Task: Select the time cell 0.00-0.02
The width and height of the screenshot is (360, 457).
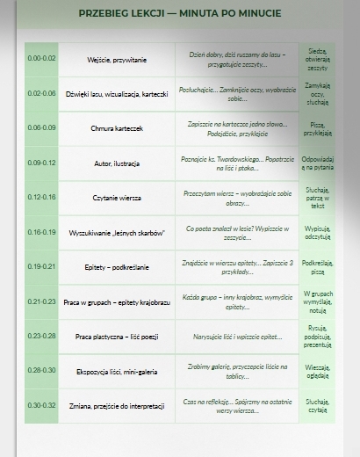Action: pyautogui.click(x=41, y=58)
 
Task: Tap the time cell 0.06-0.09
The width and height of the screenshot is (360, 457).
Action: pyautogui.click(x=41, y=127)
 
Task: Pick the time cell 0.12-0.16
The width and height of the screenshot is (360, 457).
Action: pyautogui.click(x=41, y=197)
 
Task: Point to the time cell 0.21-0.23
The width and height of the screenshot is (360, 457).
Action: pyautogui.click(x=41, y=301)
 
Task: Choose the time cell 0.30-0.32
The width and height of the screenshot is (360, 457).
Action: pyautogui.click(x=41, y=405)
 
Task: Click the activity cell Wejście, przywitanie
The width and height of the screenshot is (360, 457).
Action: pyautogui.click(x=117, y=59)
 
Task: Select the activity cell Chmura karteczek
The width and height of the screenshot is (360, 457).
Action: pyautogui.click(x=117, y=128)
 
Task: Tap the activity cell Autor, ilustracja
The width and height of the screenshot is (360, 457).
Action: pyautogui.click(x=117, y=163)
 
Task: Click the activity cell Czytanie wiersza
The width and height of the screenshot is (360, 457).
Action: pyautogui.click(x=117, y=198)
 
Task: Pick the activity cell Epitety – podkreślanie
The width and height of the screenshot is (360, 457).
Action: pyautogui.click(x=117, y=266)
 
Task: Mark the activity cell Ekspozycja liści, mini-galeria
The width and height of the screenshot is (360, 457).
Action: pyautogui.click(x=117, y=372)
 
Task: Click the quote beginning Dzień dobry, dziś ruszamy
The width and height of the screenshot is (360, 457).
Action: pyautogui.click(x=237, y=58)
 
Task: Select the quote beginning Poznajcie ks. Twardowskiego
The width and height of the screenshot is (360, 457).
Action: pyautogui.click(x=237, y=163)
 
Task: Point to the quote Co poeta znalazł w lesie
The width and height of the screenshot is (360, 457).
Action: pyautogui.click(x=237, y=232)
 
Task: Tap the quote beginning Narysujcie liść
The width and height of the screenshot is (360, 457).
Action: pyautogui.click(x=237, y=337)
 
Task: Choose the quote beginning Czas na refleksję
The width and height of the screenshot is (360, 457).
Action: pyautogui.click(x=237, y=405)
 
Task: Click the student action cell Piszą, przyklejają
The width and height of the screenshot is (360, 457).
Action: pyautogui.click(x=317, y=128)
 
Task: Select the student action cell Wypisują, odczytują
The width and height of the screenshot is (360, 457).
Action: pyautogui.click(x=317, y=232)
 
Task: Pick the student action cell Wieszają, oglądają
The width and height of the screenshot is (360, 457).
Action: pyautogui.click(x=317, y=371)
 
